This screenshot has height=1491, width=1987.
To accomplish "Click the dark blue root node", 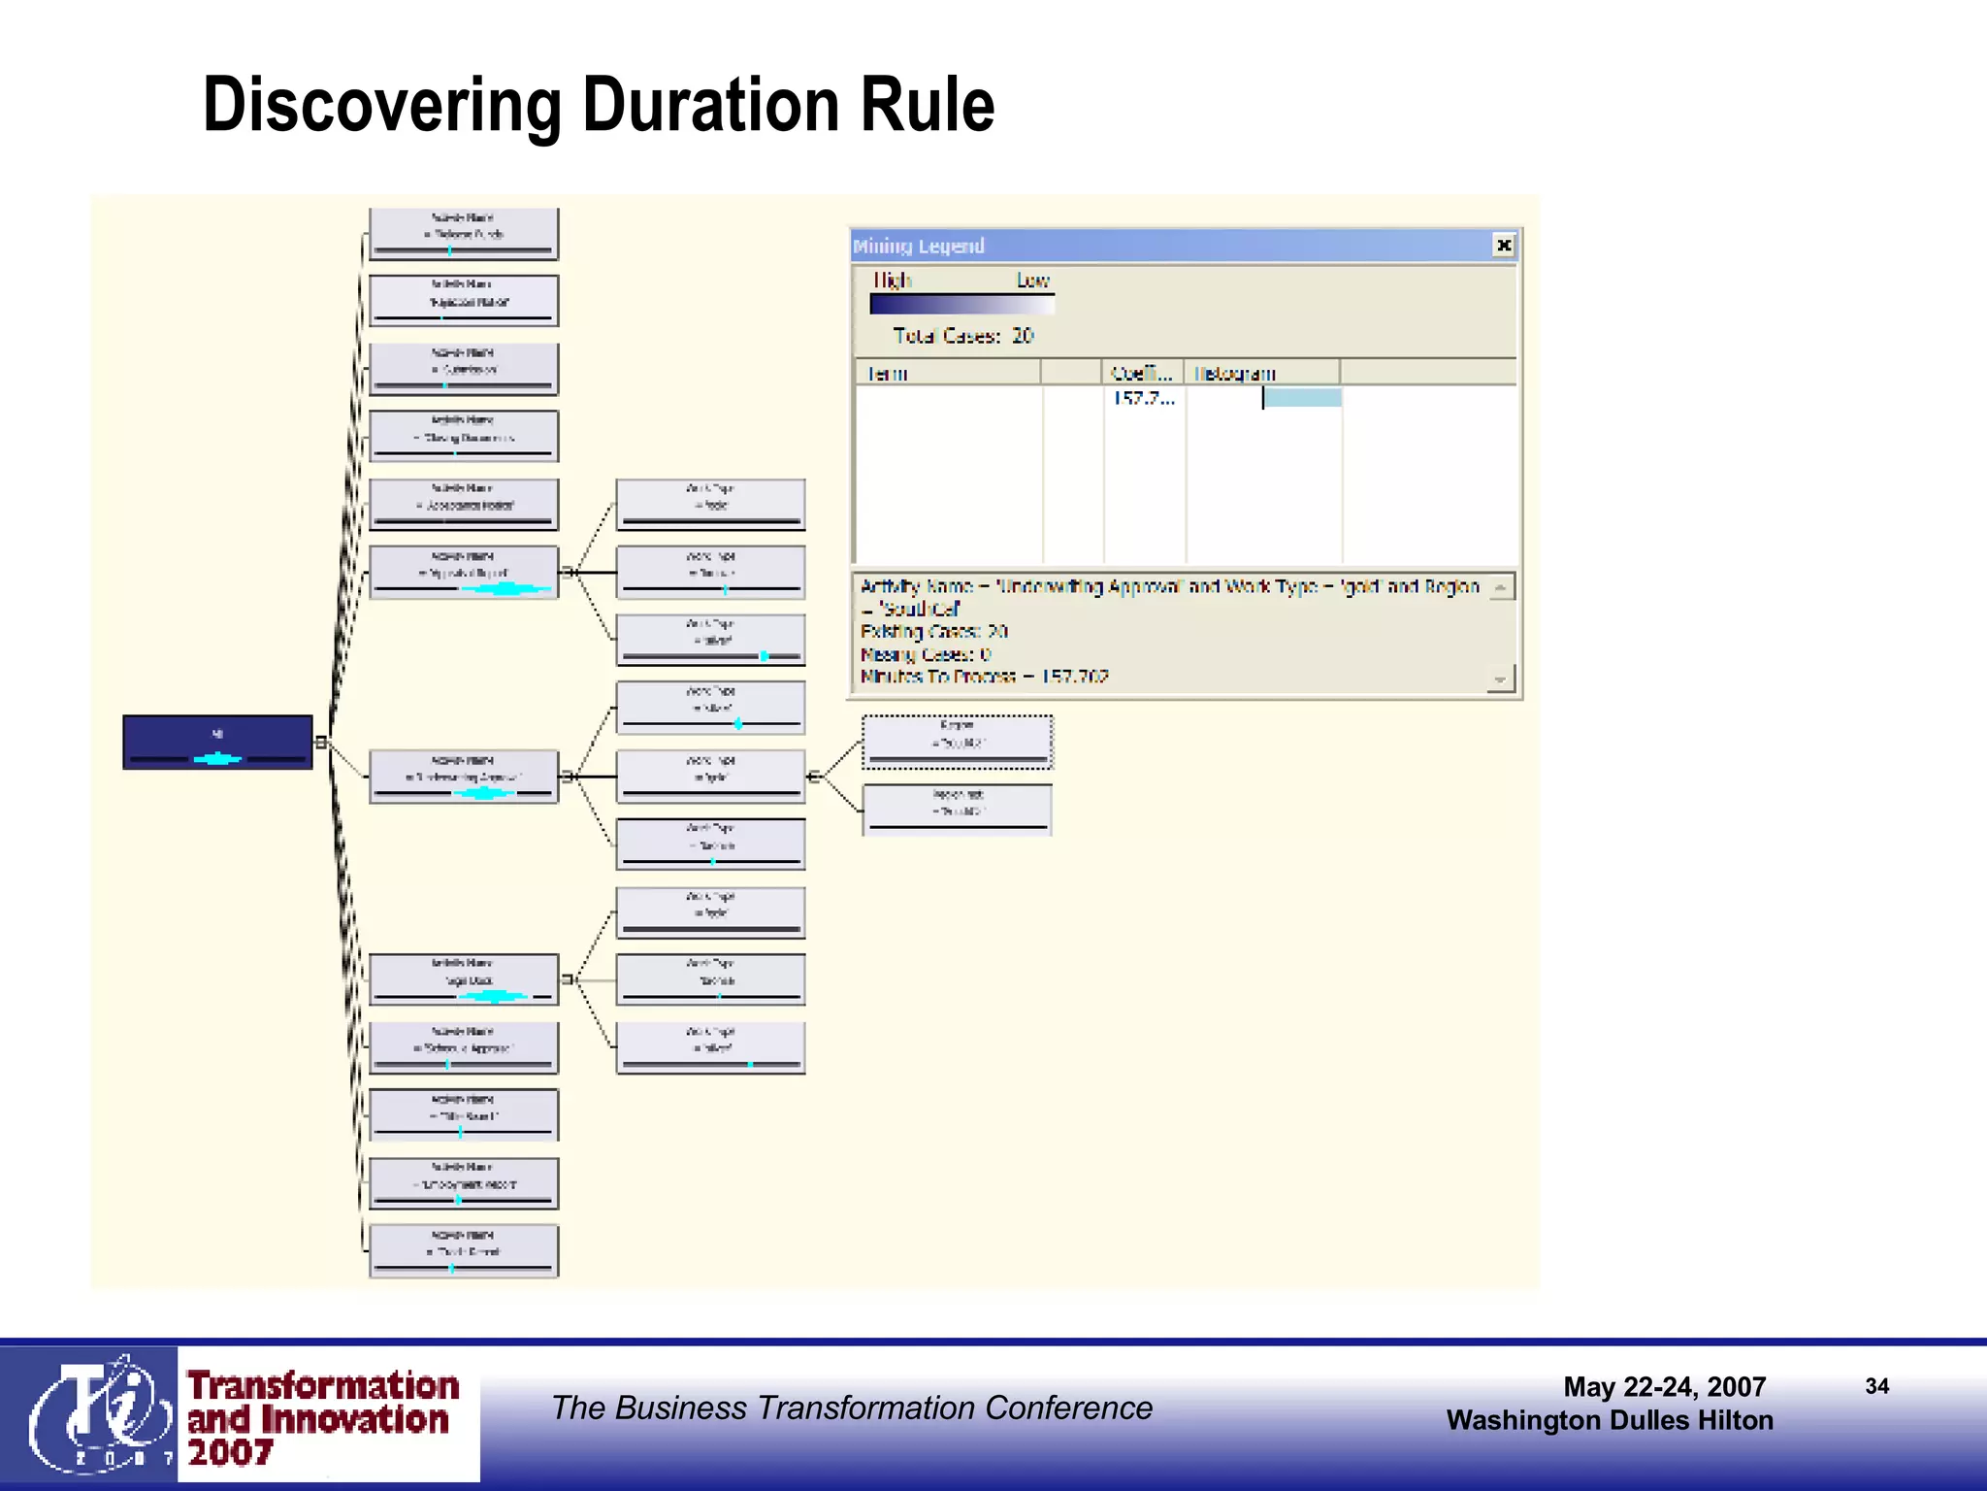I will click(217, 742).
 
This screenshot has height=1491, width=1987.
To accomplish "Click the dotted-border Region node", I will click(957, 743).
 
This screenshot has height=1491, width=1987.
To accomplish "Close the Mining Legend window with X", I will click(1503, 245).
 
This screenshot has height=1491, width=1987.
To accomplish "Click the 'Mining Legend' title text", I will click(919, 246).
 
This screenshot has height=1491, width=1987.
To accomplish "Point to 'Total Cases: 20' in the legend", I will click(962, 336).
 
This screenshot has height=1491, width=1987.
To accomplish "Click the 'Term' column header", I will click(887, 373).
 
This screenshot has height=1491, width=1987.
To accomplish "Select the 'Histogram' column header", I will click(1234, 373).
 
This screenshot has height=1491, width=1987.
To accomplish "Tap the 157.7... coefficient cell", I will click(1143, 398).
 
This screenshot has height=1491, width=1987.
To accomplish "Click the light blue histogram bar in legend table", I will click(1302, 398).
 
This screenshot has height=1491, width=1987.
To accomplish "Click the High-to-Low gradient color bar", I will click(961, 304).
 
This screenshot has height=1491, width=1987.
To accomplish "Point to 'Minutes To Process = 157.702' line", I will click(984, 677).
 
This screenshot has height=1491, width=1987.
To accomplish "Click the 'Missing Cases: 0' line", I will click(925, 654).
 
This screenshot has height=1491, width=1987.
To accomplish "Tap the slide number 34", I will click(1876, 1386).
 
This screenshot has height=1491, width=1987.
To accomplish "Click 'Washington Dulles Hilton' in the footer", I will click(1609, 1420).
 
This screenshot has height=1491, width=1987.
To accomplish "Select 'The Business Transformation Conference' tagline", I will click(851, 1408).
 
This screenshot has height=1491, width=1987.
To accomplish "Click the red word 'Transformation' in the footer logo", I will click(322, 1384).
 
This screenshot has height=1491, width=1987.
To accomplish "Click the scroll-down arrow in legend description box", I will click(1500, 679).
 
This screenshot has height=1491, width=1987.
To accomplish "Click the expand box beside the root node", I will click(320, 743).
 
